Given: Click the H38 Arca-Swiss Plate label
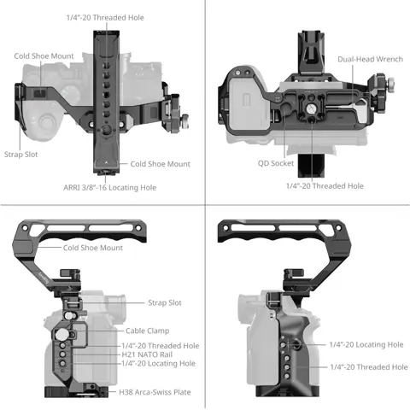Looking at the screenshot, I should tap(155, 392).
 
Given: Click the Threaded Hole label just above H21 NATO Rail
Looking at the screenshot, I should tap(160, 345).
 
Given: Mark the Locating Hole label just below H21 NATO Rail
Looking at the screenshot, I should tap(158, 363).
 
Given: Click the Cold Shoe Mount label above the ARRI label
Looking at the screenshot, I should tap(160, 164).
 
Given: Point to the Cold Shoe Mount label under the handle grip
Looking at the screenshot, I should tap(92, 248).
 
